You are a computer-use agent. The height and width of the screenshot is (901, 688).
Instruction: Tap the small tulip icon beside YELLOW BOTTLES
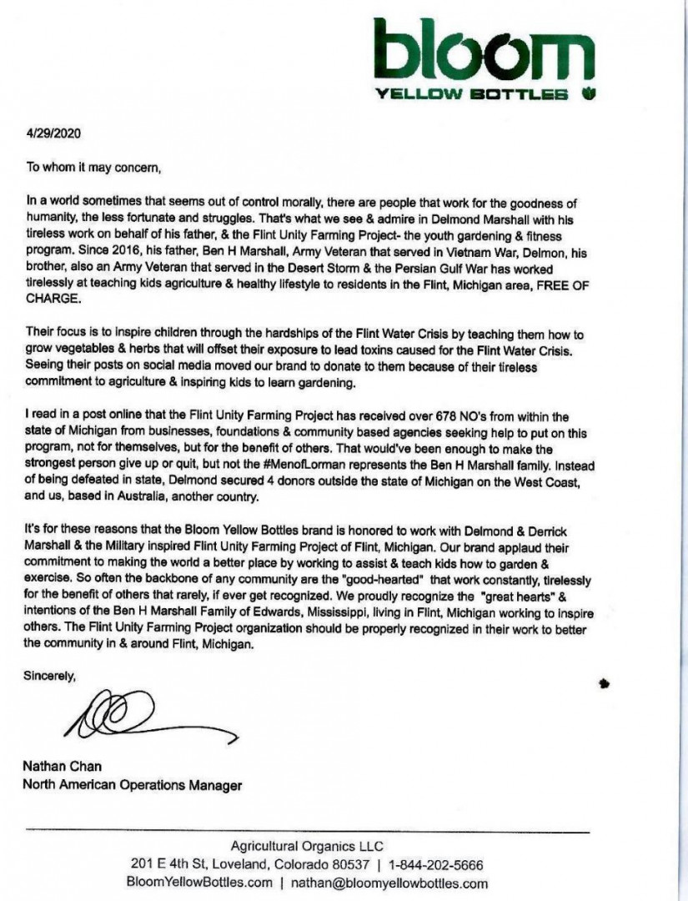click(x=589, y=93)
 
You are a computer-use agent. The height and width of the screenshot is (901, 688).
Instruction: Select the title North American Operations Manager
click(x=133, y=784)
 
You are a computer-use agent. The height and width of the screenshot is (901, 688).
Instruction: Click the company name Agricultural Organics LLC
click(x=307, y=844)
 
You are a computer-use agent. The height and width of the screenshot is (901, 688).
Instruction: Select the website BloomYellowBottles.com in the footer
click(x=199, y=883)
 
